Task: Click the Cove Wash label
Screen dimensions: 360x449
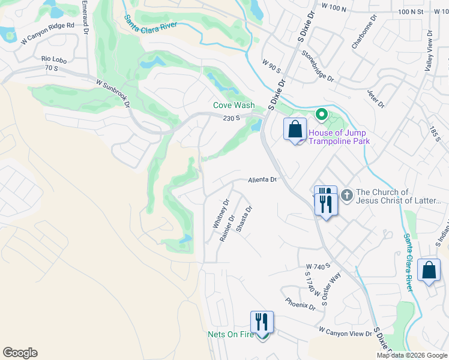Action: [234, 105]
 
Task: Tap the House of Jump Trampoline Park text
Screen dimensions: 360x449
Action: [339, 137]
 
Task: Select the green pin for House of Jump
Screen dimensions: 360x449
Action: [321, 114]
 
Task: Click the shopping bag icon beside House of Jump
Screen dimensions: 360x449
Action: [295, 129]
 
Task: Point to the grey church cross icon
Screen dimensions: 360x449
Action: [346, 196]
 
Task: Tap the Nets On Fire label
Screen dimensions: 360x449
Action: [231, 334]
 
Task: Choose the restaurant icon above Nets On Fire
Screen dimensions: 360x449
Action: [262, 322]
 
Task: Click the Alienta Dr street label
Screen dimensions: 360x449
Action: [262, 180]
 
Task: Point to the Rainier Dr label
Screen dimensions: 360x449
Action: [227, 228]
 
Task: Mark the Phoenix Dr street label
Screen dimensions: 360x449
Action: [300, 304]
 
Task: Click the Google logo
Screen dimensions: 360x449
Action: [20, 353]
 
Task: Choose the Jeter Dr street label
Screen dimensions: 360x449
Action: [375, 99]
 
